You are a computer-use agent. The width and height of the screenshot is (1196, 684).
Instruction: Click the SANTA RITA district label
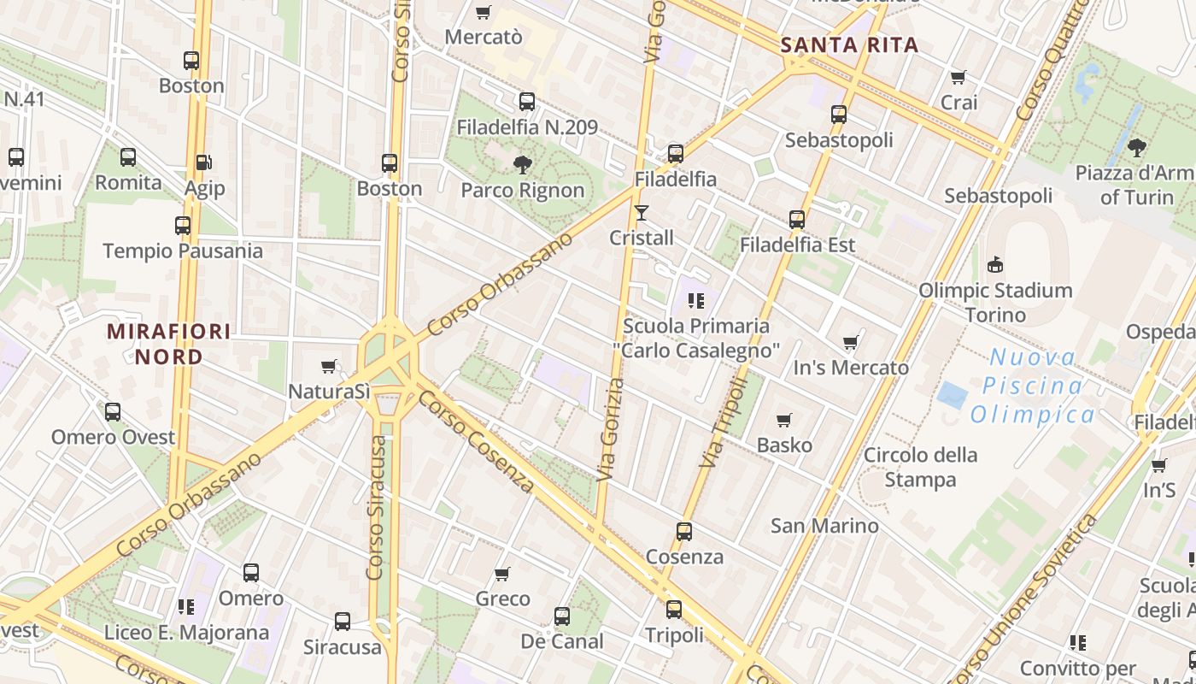[x=849, y=45]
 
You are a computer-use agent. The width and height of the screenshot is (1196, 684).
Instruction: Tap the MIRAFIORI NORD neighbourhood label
[x=169, y=344]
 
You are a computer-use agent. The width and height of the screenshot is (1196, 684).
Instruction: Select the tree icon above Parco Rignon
[x=522, y=164]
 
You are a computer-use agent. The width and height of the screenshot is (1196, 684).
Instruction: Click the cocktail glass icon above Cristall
[x=642, y=213]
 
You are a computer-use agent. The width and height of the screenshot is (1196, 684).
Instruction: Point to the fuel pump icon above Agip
[x=203, y=162]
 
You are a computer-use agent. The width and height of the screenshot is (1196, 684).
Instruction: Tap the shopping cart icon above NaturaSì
[x=329, y=367]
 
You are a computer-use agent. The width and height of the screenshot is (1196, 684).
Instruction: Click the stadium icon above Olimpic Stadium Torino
[x=994, y=265]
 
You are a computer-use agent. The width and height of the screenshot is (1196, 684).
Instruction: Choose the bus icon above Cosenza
[x=683, y=532]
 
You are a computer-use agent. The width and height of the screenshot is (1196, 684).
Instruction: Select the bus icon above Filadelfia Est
[x=797, y=220]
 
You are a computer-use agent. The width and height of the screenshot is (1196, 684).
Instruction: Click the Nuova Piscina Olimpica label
[x=1033, y=386]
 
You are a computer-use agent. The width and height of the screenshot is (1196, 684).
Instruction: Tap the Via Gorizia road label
[x=608, y=429]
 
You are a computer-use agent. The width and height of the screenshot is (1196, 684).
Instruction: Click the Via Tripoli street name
[x=723, y=422]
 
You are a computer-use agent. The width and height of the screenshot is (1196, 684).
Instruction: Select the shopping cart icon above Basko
[x=784, y=420]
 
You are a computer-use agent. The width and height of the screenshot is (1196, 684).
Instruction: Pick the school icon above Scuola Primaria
[x=696, y=301]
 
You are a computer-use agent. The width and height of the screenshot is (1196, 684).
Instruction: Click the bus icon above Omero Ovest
[x=113, y=412]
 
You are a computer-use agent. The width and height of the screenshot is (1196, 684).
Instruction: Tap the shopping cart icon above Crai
[x=959, y=78]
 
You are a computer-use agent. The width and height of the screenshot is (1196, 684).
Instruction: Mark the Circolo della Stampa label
[x=920, y=467]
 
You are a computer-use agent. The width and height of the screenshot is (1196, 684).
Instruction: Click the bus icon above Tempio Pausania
[x=183, y=226]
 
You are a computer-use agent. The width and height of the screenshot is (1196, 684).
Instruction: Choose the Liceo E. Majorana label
[x=186, y=633]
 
